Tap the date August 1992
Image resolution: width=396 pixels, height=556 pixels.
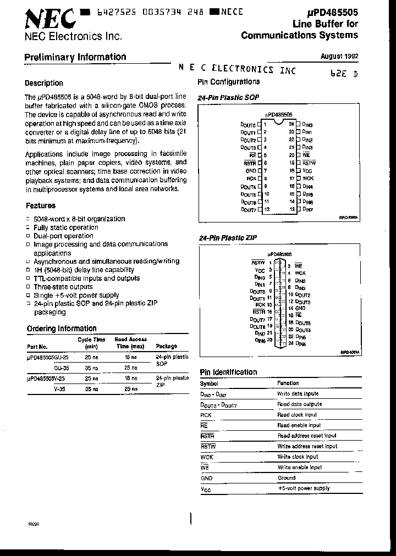click(x=339, y=56)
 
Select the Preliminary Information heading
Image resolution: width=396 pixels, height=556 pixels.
click(x=75, y=57)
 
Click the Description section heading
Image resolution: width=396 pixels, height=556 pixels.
click(x=44, y=84)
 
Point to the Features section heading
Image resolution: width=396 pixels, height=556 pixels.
click(x=41, y=205)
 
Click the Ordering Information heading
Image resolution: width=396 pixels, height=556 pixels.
click(x=62, y=329)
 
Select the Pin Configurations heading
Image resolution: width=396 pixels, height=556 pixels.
click(x=228, y=82)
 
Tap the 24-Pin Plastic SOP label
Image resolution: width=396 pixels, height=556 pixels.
click(x=228, y=97)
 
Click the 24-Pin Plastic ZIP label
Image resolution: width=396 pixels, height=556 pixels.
click(x=228, y=238)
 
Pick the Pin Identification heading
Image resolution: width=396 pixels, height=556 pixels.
click(x=228, y=372)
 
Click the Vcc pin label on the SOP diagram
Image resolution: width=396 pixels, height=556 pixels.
click(x=307, y=171)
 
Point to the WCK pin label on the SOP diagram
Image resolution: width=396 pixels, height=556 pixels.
click(x=308, y=179)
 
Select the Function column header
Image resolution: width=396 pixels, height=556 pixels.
click(x=288, y=383)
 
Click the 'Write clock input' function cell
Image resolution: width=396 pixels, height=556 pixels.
click(x=298, y=457)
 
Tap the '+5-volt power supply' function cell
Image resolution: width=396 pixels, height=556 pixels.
click(x=304, y=488)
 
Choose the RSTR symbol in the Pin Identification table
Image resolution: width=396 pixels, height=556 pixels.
click(x=207, y=436)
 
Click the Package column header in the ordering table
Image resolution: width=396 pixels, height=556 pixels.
click(x=167, y=346)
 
